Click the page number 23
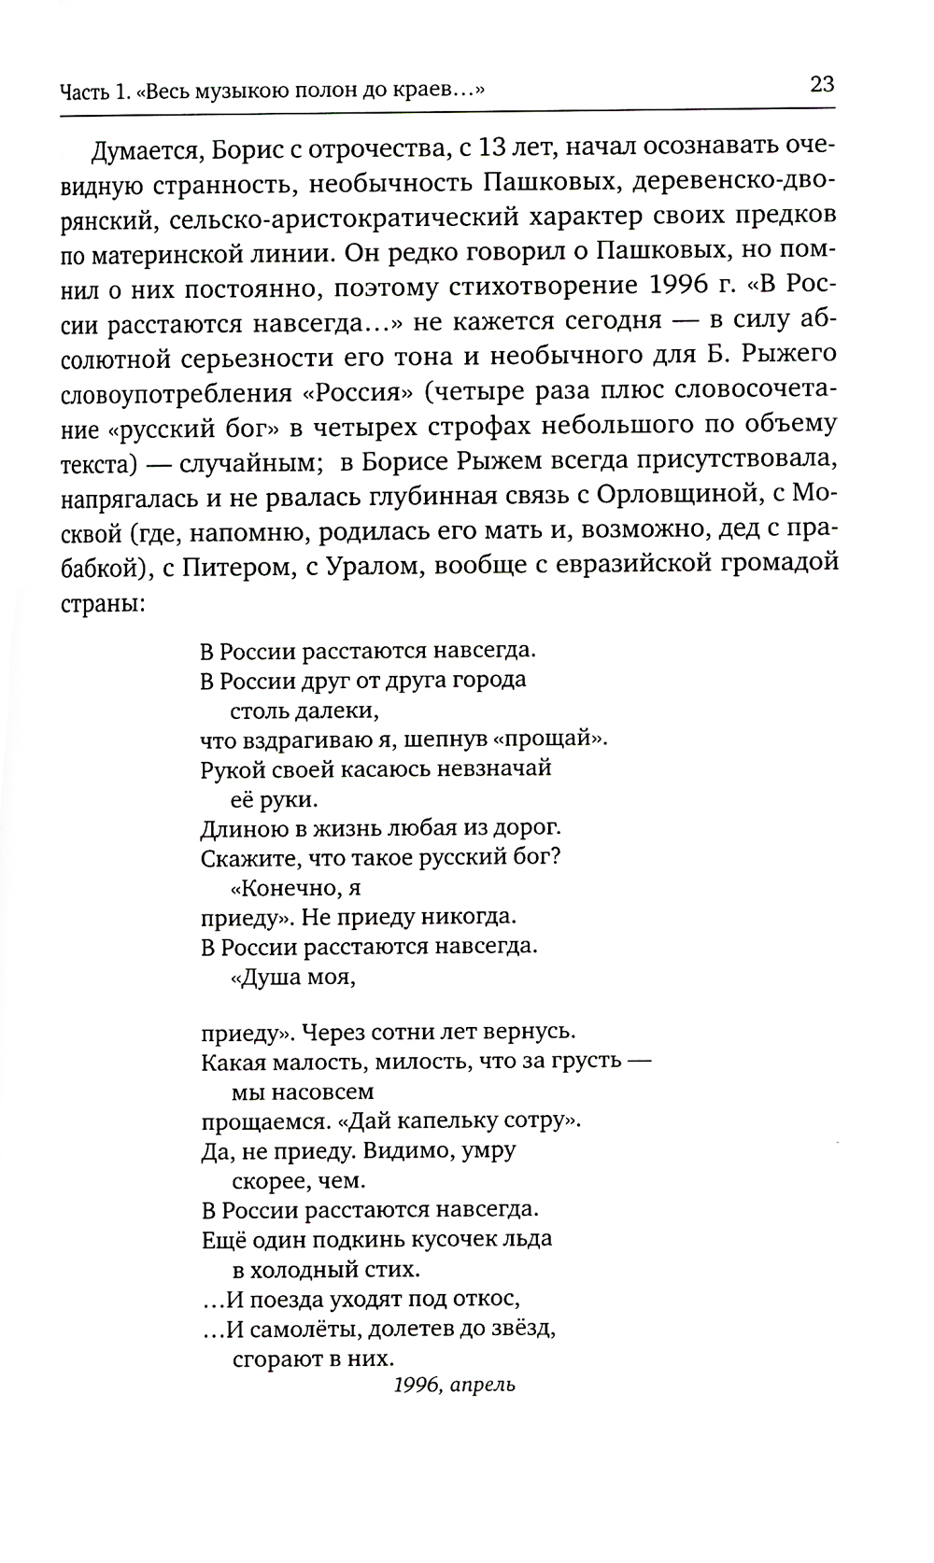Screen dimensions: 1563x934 822,86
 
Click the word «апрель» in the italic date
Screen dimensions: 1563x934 482,1385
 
